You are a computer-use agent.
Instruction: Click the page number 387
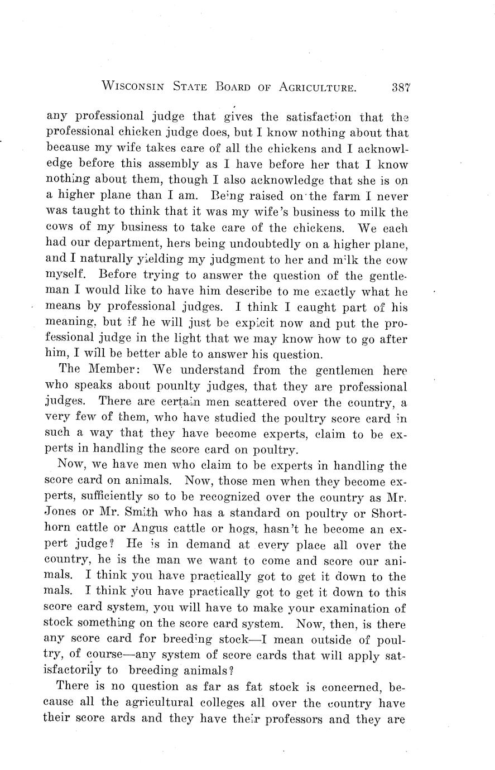pos(401,87)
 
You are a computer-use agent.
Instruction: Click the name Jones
pos(60,513)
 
